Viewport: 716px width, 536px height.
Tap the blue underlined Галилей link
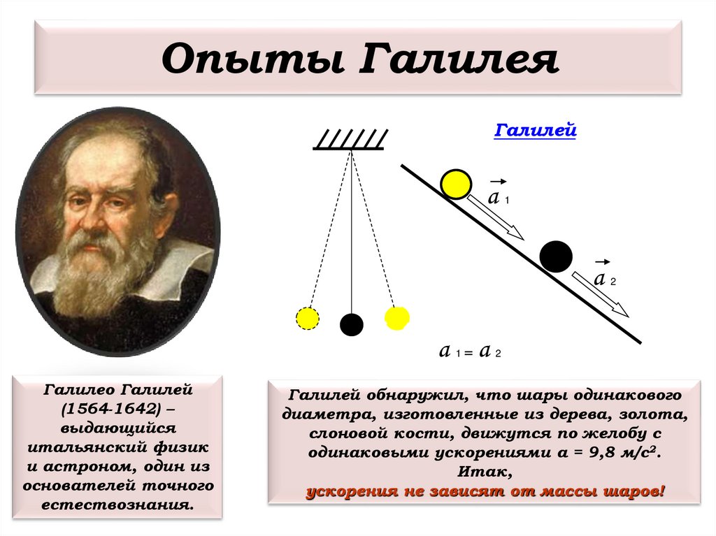pyautogui.click(x=535, y=130)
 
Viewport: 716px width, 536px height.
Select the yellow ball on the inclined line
pyautogui.click(x=457, y=184)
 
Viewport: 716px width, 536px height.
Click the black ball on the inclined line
pyautogui.click(x=556, y=256)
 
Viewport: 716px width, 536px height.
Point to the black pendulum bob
pyautogui.click(x=352, y=324)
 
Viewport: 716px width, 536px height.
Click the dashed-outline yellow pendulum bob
pyautogui.click(x=307, y=318)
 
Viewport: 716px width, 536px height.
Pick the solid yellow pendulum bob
pyautogui.click(x=396, y=318)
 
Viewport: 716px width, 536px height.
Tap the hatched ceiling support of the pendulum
pyautogui.click(x=348, y=140)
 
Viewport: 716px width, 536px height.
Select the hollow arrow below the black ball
pyautogui.click(x=600, y=293)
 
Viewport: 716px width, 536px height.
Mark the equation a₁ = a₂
pyautogui.click(x=470, y=352)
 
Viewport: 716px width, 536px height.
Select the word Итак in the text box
pyautogui.click(x=482, y=472)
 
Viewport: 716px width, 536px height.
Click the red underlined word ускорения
pyautogui.click(x=348, y=491)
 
